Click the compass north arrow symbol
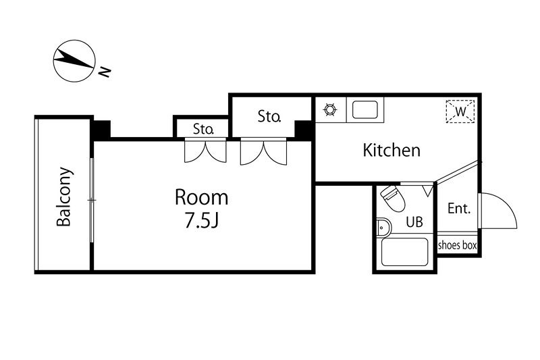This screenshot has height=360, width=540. point(74,61)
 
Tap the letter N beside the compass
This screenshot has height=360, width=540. point(105,72)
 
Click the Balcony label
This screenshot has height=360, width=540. point(64,197)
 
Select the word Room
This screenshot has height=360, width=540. point(201,197)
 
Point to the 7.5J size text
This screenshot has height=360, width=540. point(202,220)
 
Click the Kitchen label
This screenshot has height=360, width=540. point(391,150)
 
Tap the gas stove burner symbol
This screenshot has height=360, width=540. point(330,109)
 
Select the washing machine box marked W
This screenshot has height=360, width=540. point(460,111)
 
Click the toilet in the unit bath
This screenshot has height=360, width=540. point(393,198)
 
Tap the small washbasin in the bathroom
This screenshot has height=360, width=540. point(383,228)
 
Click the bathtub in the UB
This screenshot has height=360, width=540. point(404,252)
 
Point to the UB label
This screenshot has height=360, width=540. point(414,222)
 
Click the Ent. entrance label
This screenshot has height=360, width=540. point(459,209)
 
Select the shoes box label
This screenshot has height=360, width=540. point(458,245)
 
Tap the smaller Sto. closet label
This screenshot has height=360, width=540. point(204,129)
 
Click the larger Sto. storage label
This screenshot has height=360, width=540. point(269,116)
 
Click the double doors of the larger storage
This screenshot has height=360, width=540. point(263,151)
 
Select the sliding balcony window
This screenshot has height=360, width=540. point(92,200)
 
